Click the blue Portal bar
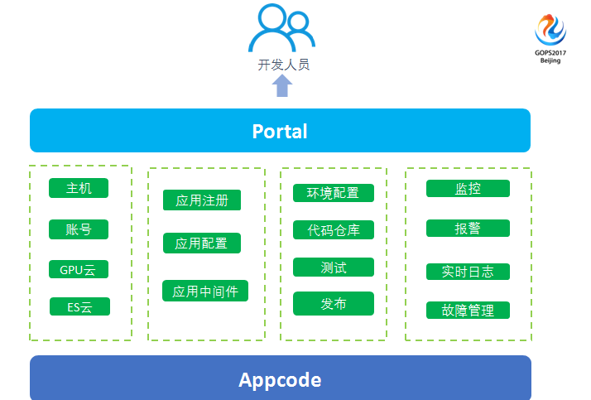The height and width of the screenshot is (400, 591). coord(280,131)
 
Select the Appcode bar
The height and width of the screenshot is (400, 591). coord(280,380)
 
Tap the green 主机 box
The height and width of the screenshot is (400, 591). coord(79,188)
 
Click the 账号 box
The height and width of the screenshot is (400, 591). coord(79,229)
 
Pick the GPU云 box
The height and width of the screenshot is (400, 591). coord(79,269)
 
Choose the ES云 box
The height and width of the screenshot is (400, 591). coord(79,306)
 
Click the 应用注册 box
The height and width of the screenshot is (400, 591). coord(202,200)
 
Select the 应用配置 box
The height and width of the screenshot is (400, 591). coord(202,243)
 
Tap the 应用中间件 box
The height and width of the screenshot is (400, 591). coord(205,291)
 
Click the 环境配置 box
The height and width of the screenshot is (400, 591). coord(334,193)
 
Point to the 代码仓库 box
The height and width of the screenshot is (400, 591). coord(334,229)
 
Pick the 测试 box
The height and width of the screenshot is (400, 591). coord(334,267)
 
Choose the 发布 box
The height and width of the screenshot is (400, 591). coord(334,303)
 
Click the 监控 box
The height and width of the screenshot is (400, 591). coord(468,188)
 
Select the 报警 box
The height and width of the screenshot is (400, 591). coord(468,228)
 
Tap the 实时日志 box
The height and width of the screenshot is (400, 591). coord(468,271)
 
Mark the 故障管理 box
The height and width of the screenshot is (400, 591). coord(468,311)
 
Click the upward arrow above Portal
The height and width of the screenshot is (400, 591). coord(283,85)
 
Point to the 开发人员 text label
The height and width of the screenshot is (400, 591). coord(283,65)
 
